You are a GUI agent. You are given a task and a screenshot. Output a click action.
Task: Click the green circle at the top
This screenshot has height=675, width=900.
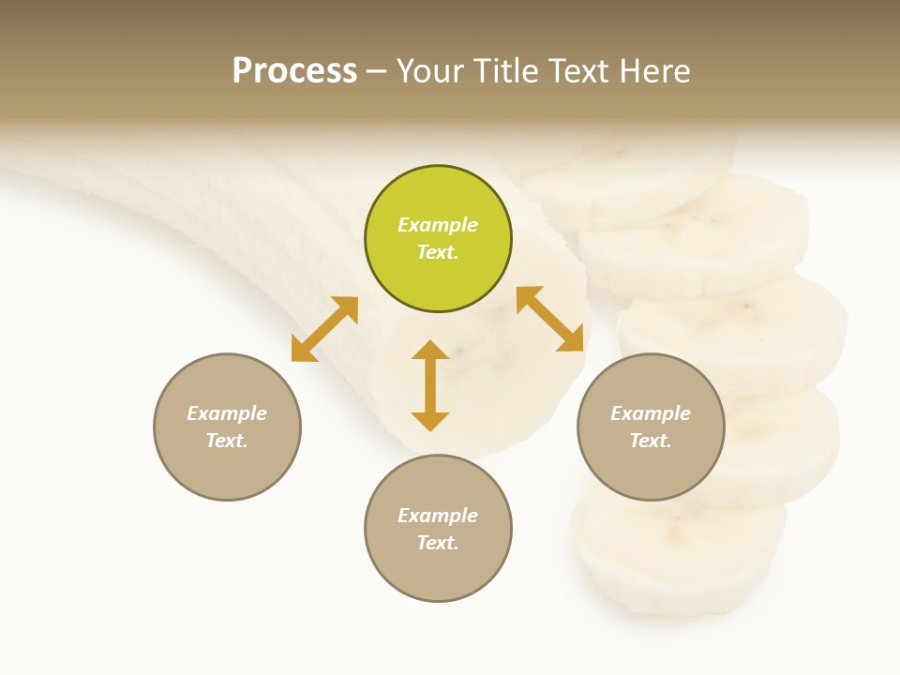click(438, 239)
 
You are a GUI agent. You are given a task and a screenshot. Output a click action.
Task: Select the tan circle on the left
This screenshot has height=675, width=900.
click(227, 427)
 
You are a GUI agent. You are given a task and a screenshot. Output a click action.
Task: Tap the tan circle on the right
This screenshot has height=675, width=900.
click(651, 427)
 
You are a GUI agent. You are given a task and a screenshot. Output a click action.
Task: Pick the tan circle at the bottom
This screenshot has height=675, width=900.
click(438, 529)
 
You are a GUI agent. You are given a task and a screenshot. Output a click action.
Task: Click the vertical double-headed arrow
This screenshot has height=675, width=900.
click(430, 385)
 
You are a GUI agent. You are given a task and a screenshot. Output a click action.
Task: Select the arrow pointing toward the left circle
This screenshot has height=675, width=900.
click(324, 329)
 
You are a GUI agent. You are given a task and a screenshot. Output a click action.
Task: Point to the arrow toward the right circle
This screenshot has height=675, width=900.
click(550, 319)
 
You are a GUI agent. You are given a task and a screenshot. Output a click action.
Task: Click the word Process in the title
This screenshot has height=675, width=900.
click(294, 71)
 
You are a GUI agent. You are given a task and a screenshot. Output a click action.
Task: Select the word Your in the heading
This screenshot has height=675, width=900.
click(430, 71)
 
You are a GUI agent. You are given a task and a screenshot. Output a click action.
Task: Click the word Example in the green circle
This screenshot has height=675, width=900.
click(438, 225)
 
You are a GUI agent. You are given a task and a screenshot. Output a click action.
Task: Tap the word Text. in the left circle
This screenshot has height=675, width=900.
click(227, 441)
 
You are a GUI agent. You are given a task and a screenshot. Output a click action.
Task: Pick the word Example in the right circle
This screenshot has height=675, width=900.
click(651, 413)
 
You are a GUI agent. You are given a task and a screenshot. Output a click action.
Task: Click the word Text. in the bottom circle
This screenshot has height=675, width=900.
click(438, 543)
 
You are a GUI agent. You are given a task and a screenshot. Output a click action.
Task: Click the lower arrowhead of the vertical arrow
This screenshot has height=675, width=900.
click(430, 421)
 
